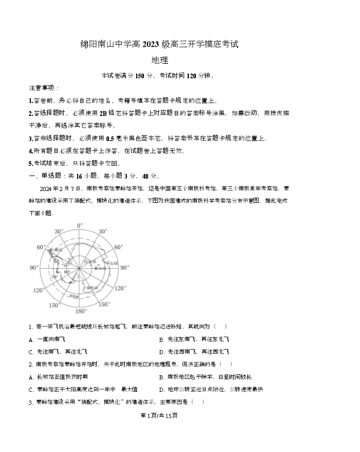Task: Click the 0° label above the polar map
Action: [x=79, y=225]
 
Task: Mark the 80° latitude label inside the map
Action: [x=66, y=271]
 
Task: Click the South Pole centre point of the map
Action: [x=80, y=268]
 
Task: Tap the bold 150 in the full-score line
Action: [x=140, y=76]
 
